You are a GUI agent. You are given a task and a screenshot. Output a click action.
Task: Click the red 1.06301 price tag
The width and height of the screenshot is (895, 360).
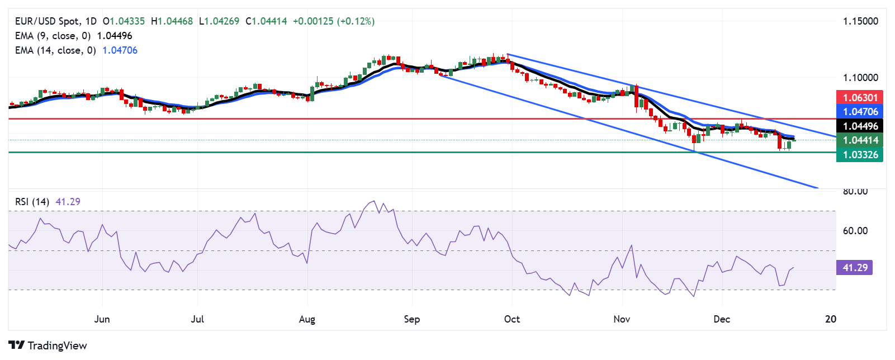(x=860, y=97)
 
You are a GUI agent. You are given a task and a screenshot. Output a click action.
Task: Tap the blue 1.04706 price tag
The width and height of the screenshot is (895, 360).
(x=860, y=112)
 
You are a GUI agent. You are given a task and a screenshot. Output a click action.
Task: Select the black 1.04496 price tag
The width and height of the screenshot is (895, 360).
(x=860, y=126)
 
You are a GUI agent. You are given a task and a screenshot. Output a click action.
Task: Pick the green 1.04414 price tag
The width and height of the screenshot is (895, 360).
(x=860, y=140)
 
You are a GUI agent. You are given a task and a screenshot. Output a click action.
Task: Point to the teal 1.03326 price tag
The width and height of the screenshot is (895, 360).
(x=860, y=155)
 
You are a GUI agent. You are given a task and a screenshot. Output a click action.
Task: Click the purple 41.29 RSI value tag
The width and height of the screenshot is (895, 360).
(x=855, y=268)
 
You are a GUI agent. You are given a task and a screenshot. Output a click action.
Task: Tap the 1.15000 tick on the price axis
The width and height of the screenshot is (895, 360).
(x=860, y=21)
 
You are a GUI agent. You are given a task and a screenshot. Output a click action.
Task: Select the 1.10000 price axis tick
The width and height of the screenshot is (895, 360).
(x=860, y=78)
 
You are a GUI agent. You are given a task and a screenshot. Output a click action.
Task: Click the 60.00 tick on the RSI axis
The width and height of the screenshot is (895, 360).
(x=855, y=231)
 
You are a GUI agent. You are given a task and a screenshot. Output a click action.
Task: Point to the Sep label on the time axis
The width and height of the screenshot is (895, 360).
(x=411, y=319)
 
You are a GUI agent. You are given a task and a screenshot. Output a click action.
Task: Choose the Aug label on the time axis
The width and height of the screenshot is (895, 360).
(x=307, y=319)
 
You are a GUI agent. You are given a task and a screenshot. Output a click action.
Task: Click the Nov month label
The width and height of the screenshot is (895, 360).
(x=622, y=319)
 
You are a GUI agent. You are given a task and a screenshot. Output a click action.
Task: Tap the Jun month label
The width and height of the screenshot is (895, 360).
(x=102, y=319)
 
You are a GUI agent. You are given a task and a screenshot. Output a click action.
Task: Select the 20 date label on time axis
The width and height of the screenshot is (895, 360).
(x=831, y=319)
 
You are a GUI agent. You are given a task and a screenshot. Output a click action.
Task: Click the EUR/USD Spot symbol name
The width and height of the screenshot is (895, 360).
(x=47, y=21)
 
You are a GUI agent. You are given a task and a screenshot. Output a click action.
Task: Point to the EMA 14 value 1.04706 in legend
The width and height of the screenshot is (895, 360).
(x=120, y=50)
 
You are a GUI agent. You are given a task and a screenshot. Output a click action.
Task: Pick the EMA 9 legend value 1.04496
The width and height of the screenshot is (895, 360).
(x=115, y=36)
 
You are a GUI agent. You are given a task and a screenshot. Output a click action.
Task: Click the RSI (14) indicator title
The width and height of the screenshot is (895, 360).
(x=32, y=202)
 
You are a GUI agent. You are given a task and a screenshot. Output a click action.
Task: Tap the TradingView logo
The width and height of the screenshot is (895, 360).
(x=48, y=345)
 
